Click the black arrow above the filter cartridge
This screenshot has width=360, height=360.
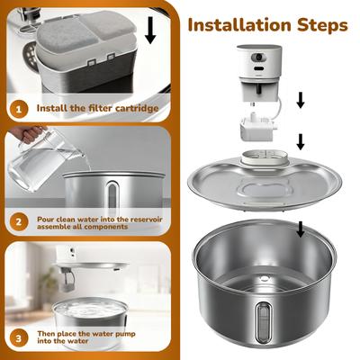149,29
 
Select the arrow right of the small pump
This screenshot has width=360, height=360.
301,141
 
